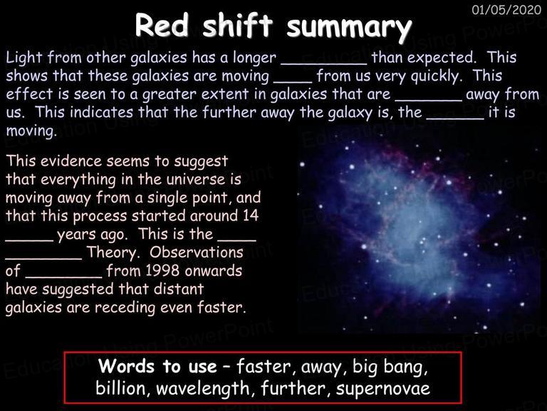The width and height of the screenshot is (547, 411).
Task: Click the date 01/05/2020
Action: coord(506,9)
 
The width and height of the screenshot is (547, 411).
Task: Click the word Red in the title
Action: coord(162,25)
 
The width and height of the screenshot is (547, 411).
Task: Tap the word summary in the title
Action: coord(349,28)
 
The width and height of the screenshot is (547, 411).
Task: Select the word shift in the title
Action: coord(237,25)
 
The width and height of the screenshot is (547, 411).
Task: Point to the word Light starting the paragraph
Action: coord(24,58)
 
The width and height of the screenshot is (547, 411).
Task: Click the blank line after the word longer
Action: coord(324,64)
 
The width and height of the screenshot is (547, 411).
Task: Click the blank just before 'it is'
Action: coord(455,119)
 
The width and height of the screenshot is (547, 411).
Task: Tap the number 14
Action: coord(251,215)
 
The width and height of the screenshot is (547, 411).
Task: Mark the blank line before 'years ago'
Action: coord(29,240)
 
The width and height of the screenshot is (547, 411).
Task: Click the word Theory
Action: coord(113,253)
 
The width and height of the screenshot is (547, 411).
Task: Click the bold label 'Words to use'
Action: coord(157,366)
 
